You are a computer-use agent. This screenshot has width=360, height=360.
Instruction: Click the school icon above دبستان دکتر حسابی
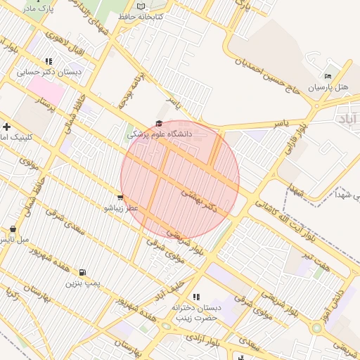pyautogui.click(x=49, y=61)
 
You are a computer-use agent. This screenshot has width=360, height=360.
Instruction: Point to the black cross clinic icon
pyautogui.click(x=6, y=127)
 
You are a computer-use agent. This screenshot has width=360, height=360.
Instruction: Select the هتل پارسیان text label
pyautogui.click(x=329, y=87)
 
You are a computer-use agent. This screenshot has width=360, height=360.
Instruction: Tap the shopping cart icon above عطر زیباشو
pyautogui.click(x=121, y=198)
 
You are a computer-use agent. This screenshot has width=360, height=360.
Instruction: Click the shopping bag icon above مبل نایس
pyautogui.click(x=13, y=229)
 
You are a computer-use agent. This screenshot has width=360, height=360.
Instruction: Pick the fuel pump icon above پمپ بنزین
pyautogui.click(x=84, y=273)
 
